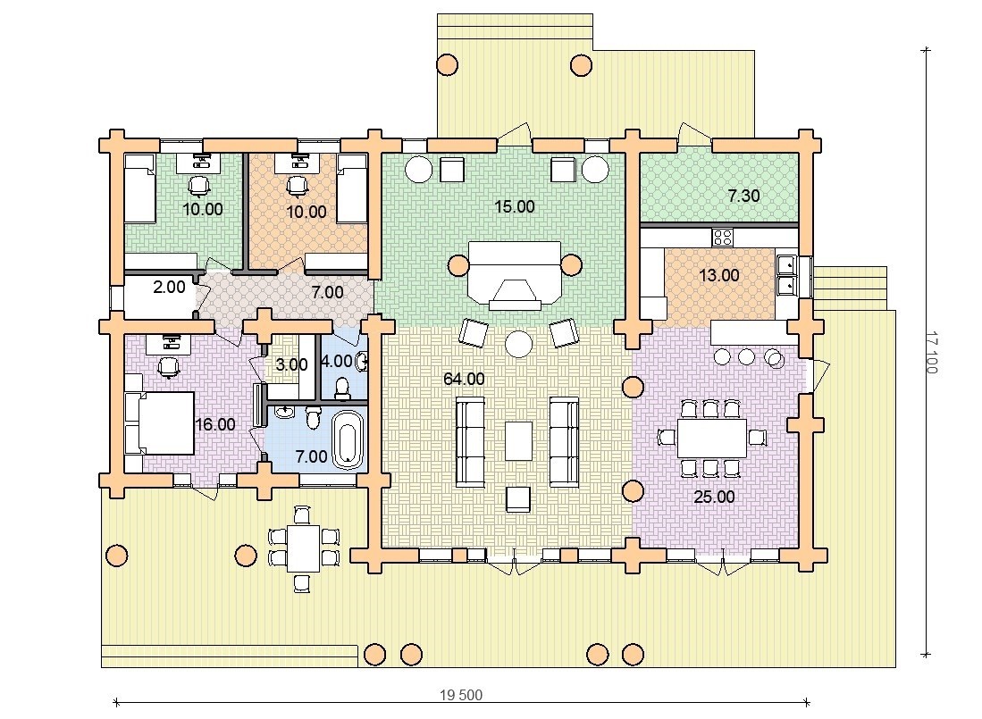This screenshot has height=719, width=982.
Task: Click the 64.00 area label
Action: (x=464, y=379)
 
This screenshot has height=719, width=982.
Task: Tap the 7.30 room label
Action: (x=743, y=196)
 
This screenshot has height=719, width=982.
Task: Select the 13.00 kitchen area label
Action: (x=718, y=275)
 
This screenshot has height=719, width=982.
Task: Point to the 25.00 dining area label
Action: (x=714, y=497)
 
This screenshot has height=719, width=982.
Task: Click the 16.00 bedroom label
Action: (x=214, y=424)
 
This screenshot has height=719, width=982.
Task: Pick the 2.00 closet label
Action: (x=169, y=287)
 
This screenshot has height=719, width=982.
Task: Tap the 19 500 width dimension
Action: (x=461, y=695)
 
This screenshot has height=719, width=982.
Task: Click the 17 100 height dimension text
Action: (x=931, y=352)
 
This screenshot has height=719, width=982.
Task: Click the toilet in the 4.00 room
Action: (x=342, y=388)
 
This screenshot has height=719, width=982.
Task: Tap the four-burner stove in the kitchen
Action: (x=723, y=237)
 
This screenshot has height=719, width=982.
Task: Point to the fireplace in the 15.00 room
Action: (x=514, y=275)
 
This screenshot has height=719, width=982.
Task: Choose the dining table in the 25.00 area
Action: (x=712, y=438)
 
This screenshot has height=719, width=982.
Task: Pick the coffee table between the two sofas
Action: (x=518, y=440)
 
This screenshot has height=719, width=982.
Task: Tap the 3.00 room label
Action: (x=291, y=364)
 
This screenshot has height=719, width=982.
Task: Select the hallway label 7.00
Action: (x=327, y=291)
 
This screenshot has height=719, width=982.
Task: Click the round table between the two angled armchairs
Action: (x=518, y=344)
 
